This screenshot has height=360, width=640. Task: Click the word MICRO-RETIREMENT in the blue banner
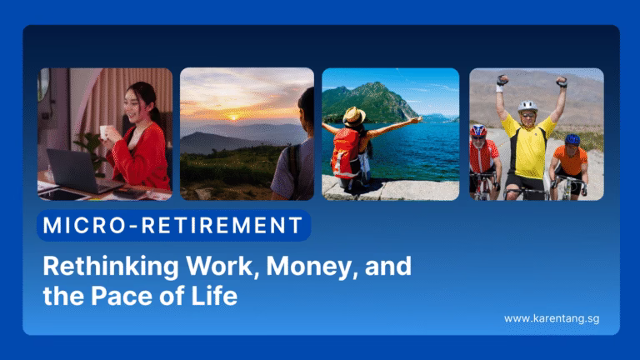173,225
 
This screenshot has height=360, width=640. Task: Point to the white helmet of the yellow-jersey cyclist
527,107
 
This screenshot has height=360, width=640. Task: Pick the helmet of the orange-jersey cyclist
572,139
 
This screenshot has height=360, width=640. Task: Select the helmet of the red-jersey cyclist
478,130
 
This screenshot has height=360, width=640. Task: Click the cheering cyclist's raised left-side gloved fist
502,81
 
